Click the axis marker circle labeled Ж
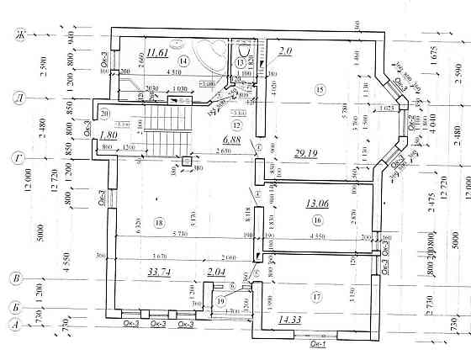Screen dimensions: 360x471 point(14,35)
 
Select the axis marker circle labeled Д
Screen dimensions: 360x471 point(14,98)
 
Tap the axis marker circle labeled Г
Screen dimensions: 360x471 point(14,156)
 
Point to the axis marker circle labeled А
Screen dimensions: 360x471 point(14,323)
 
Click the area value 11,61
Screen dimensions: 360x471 point(156,54)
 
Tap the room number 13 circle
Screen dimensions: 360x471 point(241,62)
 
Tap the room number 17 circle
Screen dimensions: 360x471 point(317,297)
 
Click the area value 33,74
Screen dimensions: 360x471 point(158,272)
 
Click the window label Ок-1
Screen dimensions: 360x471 point(318,344)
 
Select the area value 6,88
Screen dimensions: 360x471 point(231,139)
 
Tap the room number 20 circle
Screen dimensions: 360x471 point(105,114)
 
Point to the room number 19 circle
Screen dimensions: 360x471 point(221,301)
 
